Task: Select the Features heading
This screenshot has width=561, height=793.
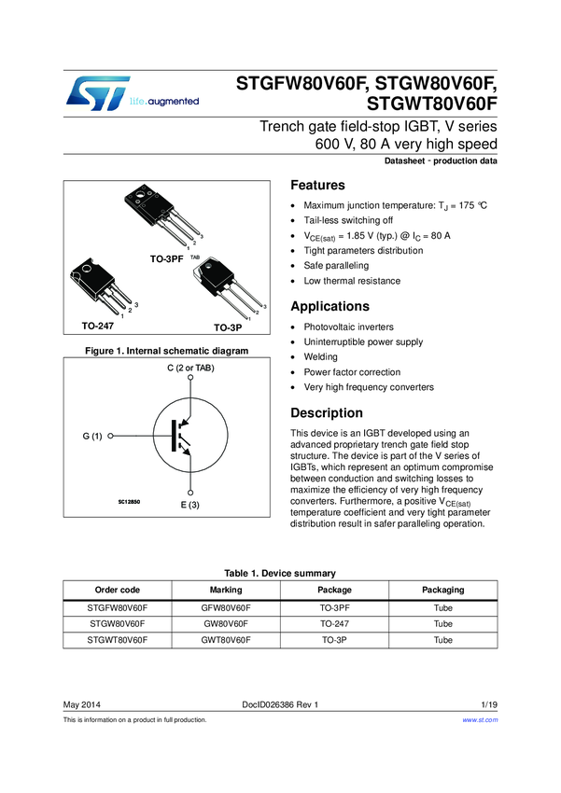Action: click(317, 186)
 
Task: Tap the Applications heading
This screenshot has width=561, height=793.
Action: click(330, 307)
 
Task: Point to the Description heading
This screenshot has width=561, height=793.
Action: click(327, 413)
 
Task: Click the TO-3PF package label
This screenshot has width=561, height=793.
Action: click(168, 256)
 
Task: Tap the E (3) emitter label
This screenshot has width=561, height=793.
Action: click(190, 505)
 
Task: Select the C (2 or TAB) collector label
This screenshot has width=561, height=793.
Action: click(190, 369)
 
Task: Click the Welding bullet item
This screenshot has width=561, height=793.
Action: click(321, 356)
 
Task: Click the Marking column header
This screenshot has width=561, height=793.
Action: click(226, 590)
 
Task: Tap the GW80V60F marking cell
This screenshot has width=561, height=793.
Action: click(226, 623)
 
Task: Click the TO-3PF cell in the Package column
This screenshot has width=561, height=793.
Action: click(334, 606)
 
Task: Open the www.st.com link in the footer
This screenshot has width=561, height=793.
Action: click(481, 720)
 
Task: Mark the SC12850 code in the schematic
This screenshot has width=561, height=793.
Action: click(129, 502)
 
